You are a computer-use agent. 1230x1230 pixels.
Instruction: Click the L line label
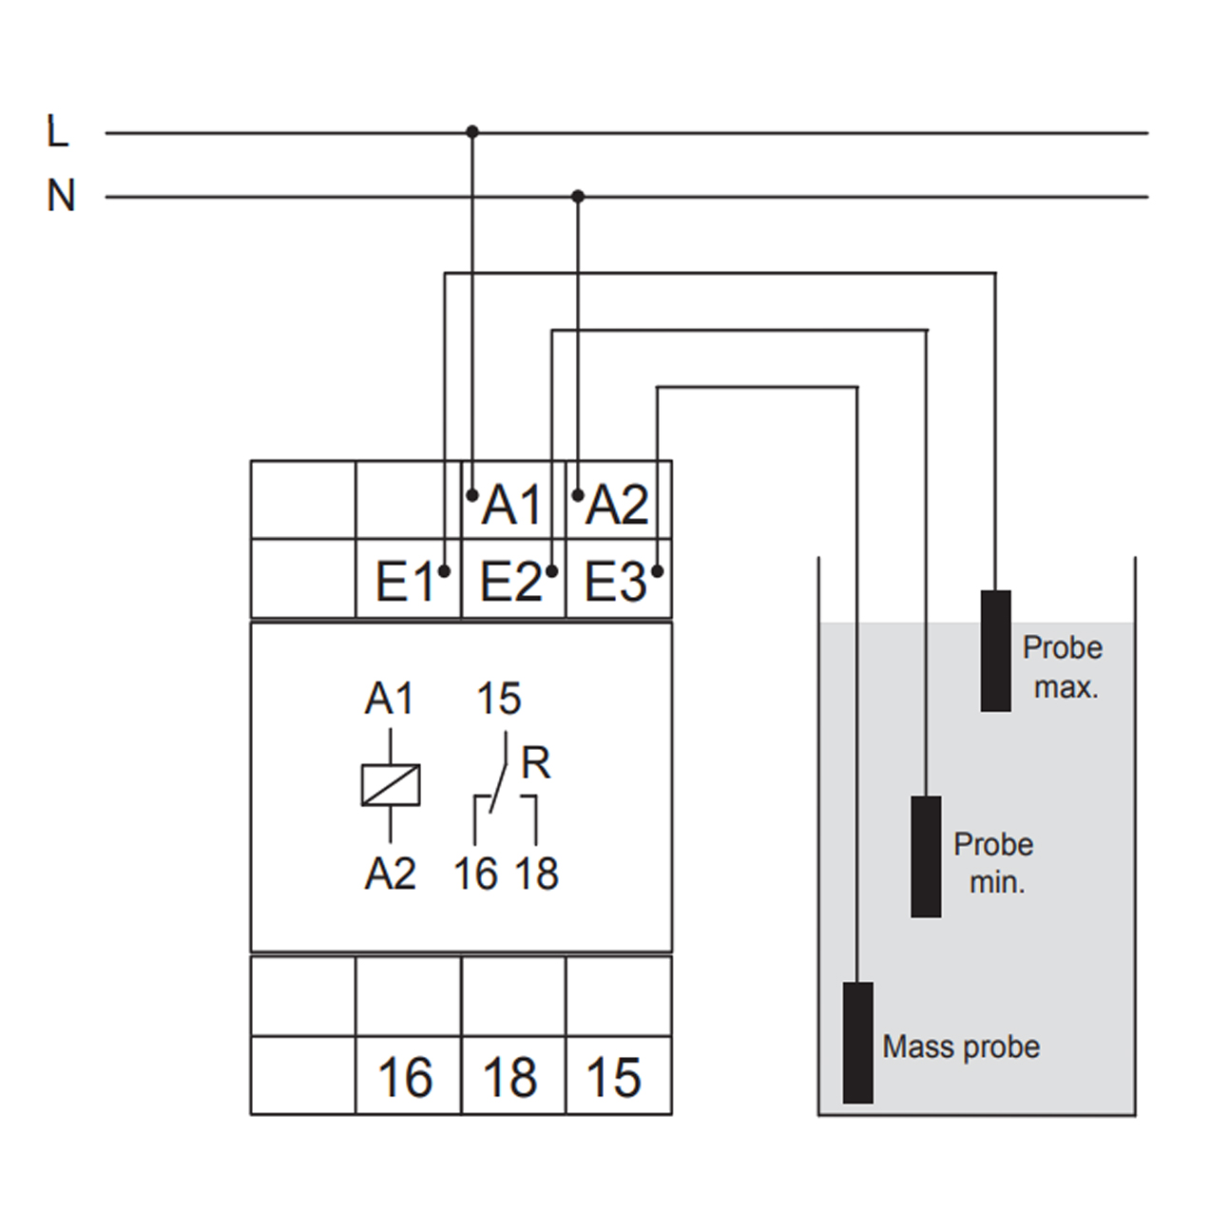[58, 131]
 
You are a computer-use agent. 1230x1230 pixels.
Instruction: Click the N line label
[61, 196]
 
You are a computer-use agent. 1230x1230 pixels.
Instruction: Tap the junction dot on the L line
[472, 131]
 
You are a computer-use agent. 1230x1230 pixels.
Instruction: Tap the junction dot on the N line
[577, 196]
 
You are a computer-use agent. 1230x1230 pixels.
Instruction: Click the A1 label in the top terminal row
[511, 504]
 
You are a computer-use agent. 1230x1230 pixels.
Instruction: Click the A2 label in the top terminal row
[616, 504]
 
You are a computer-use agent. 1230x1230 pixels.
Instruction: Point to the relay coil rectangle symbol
[391, 785]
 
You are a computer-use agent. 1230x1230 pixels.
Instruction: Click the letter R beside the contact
[536, 763]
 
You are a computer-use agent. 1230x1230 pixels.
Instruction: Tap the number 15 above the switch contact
[499, 700]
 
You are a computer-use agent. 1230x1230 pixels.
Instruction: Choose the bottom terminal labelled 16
[405, 1078]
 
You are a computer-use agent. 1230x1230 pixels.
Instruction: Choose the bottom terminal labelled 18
[510, 1078]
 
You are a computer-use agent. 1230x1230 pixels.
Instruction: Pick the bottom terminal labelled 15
[614, 1078]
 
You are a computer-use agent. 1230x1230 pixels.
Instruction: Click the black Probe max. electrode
[995, 650]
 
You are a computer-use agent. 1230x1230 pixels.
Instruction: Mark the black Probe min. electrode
[926, 855]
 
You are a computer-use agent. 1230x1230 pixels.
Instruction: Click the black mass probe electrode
[857, 1042]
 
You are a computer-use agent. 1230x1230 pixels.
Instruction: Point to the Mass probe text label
[961, 1047]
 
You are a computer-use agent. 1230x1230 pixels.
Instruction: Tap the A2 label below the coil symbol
[391, 873]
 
